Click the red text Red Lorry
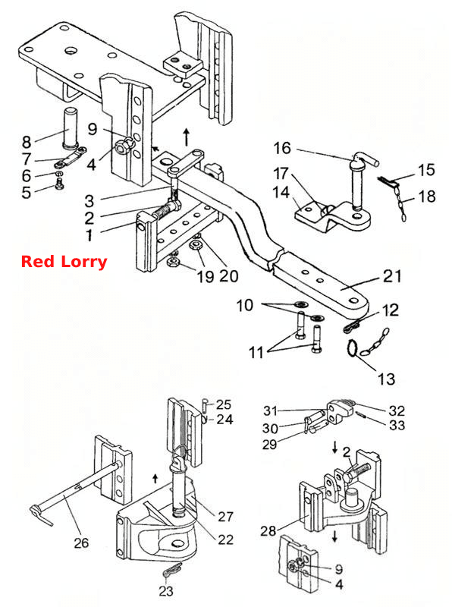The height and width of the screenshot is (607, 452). coord(64,262)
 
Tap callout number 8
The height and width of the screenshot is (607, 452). coord(27,142)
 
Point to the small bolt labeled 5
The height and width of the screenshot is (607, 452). coord(59,184)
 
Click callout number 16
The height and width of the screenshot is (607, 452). coord(282,148)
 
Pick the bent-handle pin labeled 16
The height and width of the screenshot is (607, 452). coord(362,182)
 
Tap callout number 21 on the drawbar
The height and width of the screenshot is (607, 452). coord(392,276)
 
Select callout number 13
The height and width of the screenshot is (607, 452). coord(386,379)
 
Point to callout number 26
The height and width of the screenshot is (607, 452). coord(81,543)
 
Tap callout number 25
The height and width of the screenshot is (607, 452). coord(224,404)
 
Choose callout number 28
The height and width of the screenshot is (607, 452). coord(268,530)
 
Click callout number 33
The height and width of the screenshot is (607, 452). coord(397,425)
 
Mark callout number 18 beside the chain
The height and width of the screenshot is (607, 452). coord(427,197)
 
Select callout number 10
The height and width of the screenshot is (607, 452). coord(244,306)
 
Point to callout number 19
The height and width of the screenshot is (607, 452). coord(205,276)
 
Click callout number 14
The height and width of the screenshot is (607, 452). coord(281,192)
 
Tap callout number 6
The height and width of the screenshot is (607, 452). coord(27,176)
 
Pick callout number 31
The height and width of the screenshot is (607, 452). coord(271,410)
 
